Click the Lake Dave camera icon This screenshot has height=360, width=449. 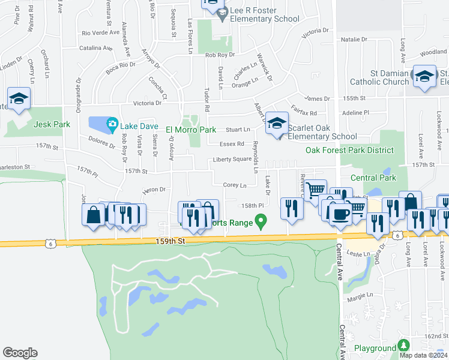[x=112, y=125]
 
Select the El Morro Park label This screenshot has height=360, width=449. [x=190, y=129]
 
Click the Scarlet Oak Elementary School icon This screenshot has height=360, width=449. [x=277, y=124]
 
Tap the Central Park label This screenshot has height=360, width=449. [x=373, y=178]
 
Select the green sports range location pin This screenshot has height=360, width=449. [x=261, y=223]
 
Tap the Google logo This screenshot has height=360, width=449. [x=20, y=353]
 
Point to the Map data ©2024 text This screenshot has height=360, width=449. [x=424, y=355]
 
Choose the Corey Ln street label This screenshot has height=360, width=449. [x=235, y=185]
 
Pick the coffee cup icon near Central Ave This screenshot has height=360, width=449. [x=340, y=214]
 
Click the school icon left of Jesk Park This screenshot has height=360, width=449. [x=19, y=98]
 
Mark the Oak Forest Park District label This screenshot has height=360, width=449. [x=350, y=151]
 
